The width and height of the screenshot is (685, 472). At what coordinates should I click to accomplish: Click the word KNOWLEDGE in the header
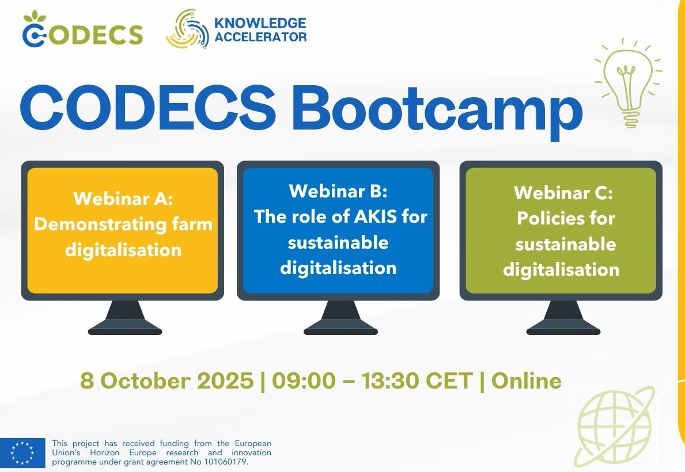[260, 23]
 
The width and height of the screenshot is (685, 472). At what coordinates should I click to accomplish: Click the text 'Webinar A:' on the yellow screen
[123, 199]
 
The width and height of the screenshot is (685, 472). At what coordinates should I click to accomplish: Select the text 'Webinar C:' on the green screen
[563, 192]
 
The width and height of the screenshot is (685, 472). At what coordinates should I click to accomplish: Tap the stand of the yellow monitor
[125, 319]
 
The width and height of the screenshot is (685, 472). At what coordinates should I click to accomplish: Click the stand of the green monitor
[563, 319]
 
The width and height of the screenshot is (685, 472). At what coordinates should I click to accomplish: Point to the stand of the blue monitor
[340, 319]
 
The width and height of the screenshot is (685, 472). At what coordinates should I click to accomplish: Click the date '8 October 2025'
[166, 381]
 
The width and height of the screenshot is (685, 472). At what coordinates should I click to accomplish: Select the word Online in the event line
[527, 381]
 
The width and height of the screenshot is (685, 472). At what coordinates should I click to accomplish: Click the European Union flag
[22, 452]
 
